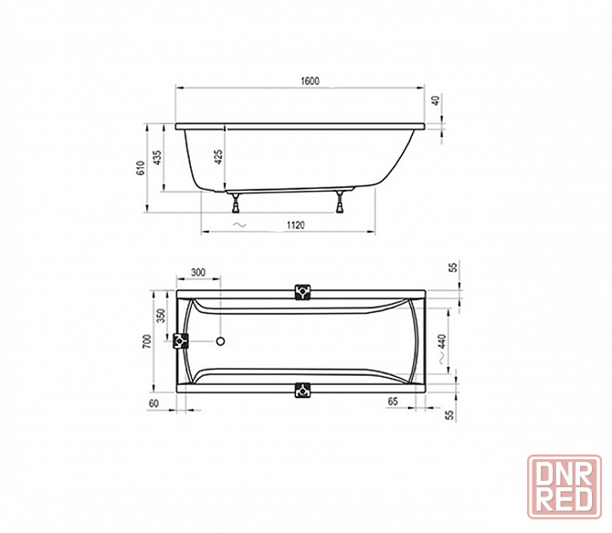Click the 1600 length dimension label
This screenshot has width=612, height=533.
(310, 80)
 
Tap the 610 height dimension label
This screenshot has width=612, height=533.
(141, 168)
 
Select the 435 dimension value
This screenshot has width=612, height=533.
(157, 157)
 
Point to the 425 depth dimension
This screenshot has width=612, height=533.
(218, 157)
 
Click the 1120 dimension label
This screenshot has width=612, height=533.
(295, 225)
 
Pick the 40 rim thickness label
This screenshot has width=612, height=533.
(436, 100)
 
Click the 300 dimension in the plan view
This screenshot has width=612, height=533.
(198, 272)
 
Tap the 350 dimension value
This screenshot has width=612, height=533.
(161, 316)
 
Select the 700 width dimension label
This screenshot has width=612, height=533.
(147, 341)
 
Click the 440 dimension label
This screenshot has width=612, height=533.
(441, 341)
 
